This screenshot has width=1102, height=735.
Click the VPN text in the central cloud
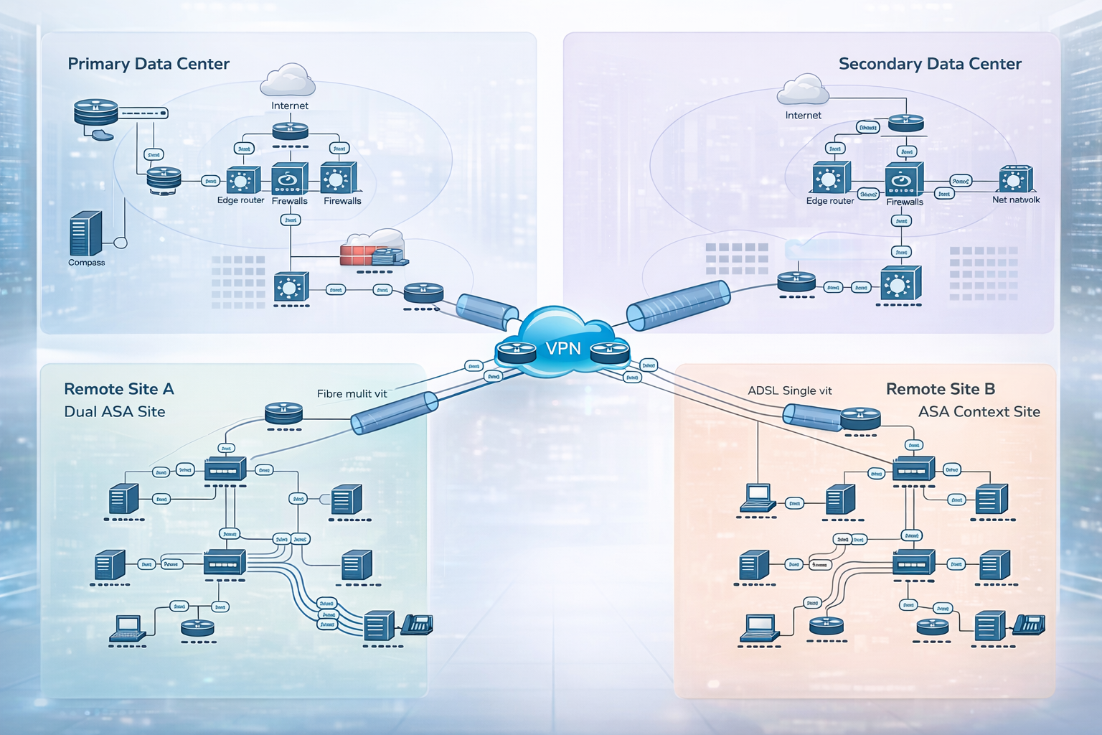[563, 349]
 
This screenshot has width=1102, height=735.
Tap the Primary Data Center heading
[149, 64]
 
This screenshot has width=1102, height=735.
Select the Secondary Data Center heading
[930, 64]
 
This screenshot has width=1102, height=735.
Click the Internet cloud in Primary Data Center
[288, 80]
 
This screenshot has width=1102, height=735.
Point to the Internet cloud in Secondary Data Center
[803, 90]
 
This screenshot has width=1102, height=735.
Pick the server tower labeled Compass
[86, 233]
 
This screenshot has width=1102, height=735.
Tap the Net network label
[1016, 200]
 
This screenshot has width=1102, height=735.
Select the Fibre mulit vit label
[352, 393]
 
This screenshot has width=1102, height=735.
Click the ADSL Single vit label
[790, 390]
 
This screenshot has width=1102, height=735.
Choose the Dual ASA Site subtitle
[115, 411]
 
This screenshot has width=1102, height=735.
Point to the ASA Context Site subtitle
[979, 411]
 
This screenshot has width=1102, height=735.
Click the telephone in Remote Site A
[417, 624]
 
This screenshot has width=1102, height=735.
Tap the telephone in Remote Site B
[1028, 624]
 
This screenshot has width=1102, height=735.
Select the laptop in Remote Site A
[128, 628]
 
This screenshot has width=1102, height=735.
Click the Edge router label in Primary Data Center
[240, 200]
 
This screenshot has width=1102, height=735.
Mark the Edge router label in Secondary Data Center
[830, 201]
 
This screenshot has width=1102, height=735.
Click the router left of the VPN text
[516, 352]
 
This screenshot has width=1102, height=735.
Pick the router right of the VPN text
[610, 352]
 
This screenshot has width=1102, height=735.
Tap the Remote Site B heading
[941, 389]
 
